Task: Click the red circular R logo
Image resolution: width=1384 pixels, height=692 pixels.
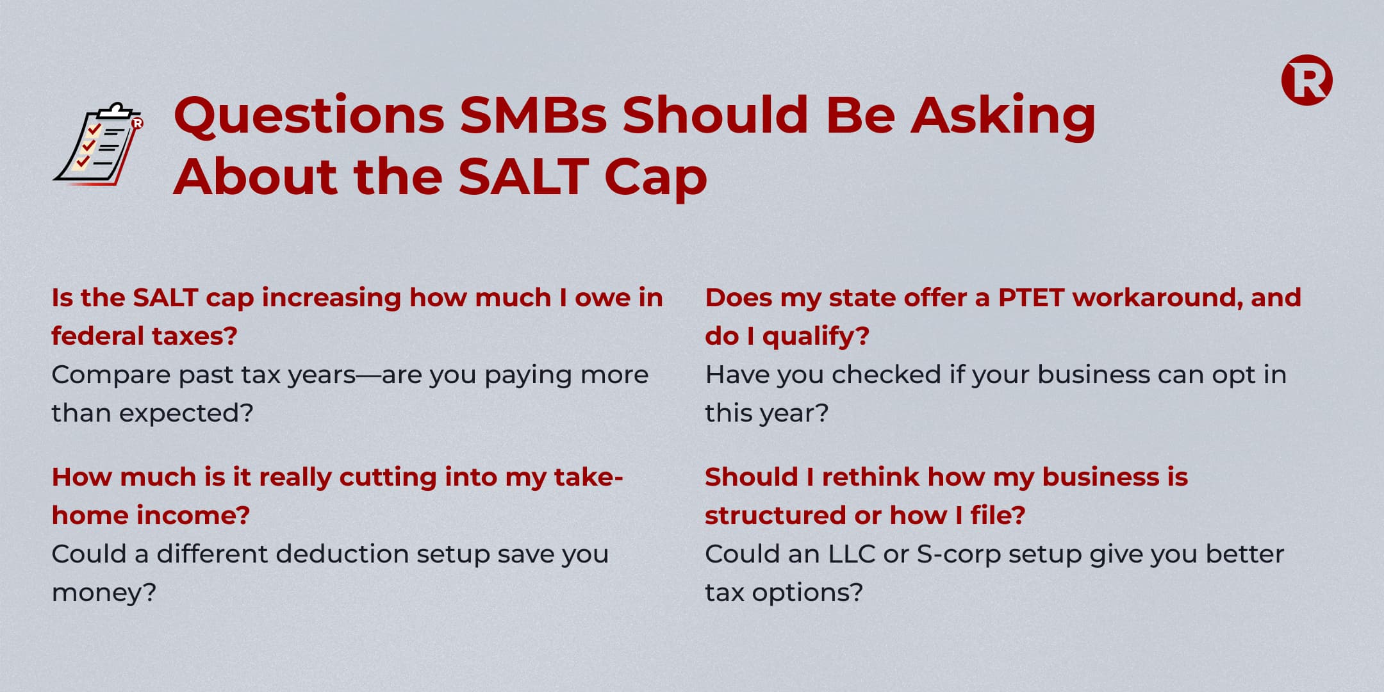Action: (x=1306, y=80)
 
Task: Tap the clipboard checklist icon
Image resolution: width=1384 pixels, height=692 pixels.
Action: (x=98, y=144)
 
